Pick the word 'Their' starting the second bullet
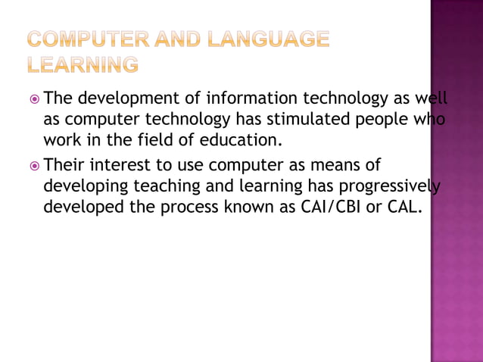[x=68, y=165]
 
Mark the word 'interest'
[x=123, y=165]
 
